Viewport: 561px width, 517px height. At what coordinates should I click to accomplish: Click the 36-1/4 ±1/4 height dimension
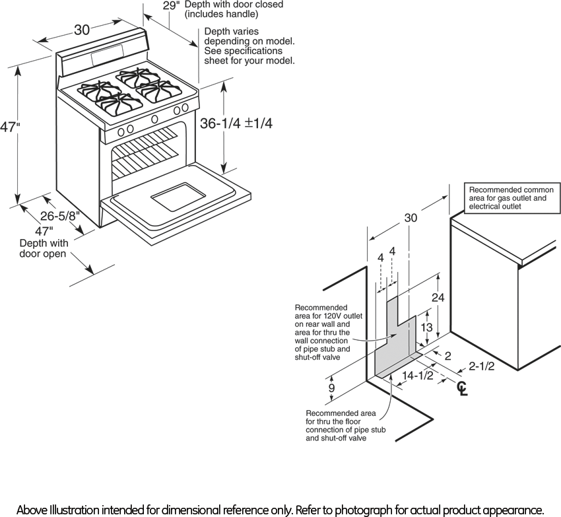[236, 123]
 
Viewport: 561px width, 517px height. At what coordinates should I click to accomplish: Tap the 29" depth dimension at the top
[171, 5]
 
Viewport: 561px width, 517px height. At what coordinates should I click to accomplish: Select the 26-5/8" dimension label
[60, 215]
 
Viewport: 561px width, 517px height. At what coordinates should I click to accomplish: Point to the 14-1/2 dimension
[417, 376]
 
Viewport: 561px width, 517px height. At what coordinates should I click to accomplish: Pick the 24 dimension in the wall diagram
[438, 298]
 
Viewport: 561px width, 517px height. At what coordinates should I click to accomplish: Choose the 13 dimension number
[427, 327]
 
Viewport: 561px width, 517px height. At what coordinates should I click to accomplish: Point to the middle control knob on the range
[154, 120]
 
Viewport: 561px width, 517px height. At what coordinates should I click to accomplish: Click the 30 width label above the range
[82, 30]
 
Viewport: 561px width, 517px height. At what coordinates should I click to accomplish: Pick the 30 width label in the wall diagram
[411, 218]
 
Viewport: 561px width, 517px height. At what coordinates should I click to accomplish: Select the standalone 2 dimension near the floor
[448, 356]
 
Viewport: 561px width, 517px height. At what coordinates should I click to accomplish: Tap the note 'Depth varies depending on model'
[249, 46]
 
